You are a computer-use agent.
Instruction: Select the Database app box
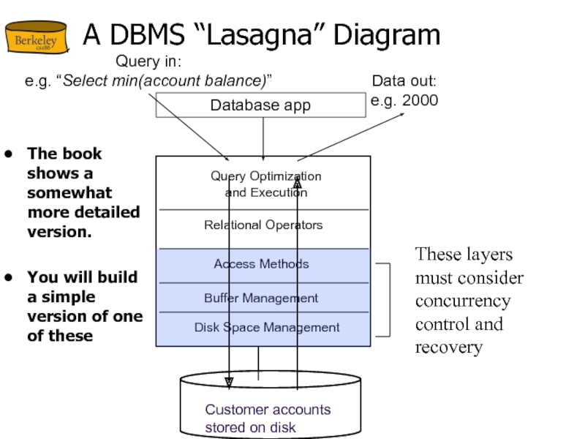(x=260, y=105)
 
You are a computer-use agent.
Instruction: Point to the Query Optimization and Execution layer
(x=265, y=184)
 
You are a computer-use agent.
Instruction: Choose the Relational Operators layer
(x=263, y=225)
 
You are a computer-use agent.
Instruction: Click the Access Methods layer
(x=261, y=264)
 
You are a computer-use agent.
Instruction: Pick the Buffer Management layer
(x=261, y=298)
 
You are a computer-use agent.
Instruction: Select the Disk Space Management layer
(x=267, y=328)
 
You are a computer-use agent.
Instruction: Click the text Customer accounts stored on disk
(x=268, y=419)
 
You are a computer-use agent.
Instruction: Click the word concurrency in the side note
(x=462, y=301)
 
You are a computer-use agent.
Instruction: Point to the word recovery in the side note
(x=448, y=347)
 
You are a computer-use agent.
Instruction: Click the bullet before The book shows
(x=8, y=154)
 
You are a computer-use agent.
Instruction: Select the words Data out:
(x=404, y=81)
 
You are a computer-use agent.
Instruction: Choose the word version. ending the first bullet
(x=59, y=232)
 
